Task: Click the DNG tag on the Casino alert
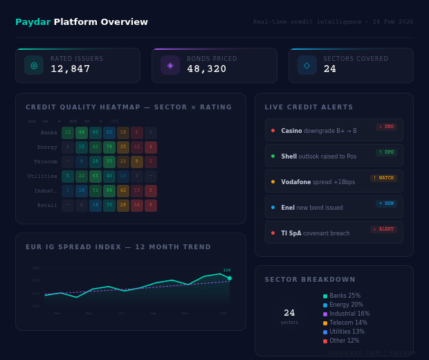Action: coord(386,127)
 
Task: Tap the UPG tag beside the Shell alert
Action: coord(386,152)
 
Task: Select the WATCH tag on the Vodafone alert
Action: coord(383,178)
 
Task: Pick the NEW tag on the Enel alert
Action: coord(385,204)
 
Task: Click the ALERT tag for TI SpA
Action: coord(383,229)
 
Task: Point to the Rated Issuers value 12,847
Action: coord(71,69)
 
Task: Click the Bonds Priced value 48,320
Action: coord(207,69)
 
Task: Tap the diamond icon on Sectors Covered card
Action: coord(307,65)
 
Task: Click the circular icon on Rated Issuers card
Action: coord(34,65)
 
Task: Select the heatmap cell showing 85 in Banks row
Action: coord(95,133)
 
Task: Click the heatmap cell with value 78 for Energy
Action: coord(109,147)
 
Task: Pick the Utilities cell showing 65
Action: coord(95,177)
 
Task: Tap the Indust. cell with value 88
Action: coord(109,191)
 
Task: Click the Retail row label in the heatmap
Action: coord(47,206)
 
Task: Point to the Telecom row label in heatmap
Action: coord(46,162)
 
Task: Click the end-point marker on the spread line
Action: coord(230,278)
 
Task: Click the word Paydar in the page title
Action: coord(33,22)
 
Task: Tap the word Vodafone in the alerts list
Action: coord(295,182)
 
